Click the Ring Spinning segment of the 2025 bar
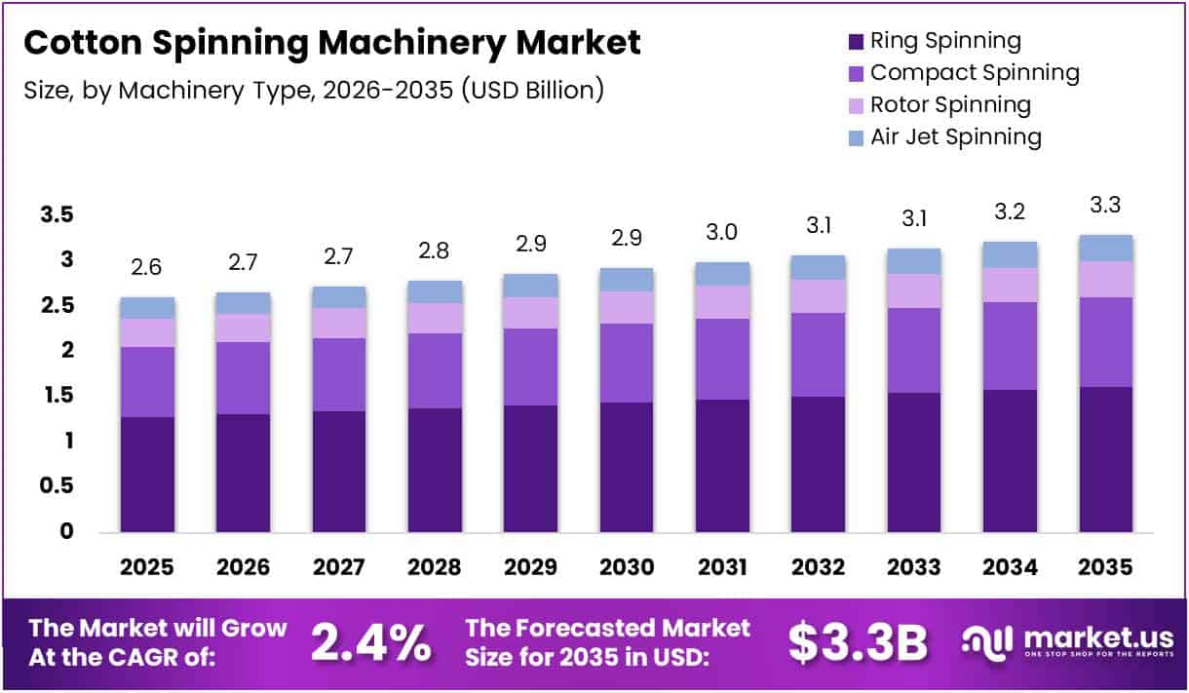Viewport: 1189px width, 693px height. [147, 474]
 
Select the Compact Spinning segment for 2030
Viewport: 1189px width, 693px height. [627, 363]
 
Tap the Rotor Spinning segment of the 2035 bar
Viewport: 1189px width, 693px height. [1106, 279]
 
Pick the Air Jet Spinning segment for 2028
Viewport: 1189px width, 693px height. [435, 291]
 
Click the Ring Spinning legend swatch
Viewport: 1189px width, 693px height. [856, 42]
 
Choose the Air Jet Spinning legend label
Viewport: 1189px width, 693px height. [955, 136]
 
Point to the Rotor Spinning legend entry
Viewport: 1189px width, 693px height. [950, 104]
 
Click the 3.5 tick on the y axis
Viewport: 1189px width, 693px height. [58, 215]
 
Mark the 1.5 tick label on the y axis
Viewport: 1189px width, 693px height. [58, 396]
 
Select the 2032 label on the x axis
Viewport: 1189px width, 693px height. [819, 567]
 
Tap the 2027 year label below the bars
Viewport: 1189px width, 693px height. [339, 567]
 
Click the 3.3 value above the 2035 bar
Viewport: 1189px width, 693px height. [1106, 206]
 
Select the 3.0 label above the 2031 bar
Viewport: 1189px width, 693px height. [723, 234]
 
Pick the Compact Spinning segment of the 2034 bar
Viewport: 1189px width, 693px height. [1010, 346]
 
